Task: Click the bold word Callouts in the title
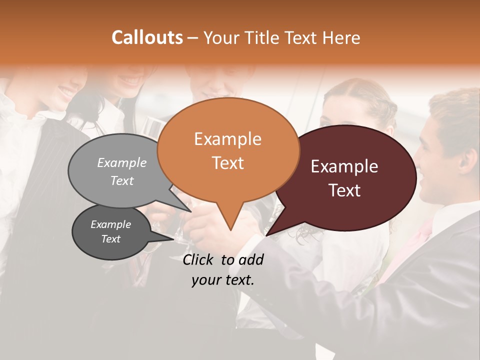coord(147,37)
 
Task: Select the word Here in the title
coord(341,38)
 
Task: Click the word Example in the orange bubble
coord(227,139)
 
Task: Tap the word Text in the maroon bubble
coord(345,190)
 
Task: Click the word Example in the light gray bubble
coord(121,162)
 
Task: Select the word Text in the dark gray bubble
coord(110,239)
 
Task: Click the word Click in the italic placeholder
coord(199,259)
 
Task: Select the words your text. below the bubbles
coord(223,280)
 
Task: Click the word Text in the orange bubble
coord(227,163)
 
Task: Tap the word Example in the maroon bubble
coord(344,166)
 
